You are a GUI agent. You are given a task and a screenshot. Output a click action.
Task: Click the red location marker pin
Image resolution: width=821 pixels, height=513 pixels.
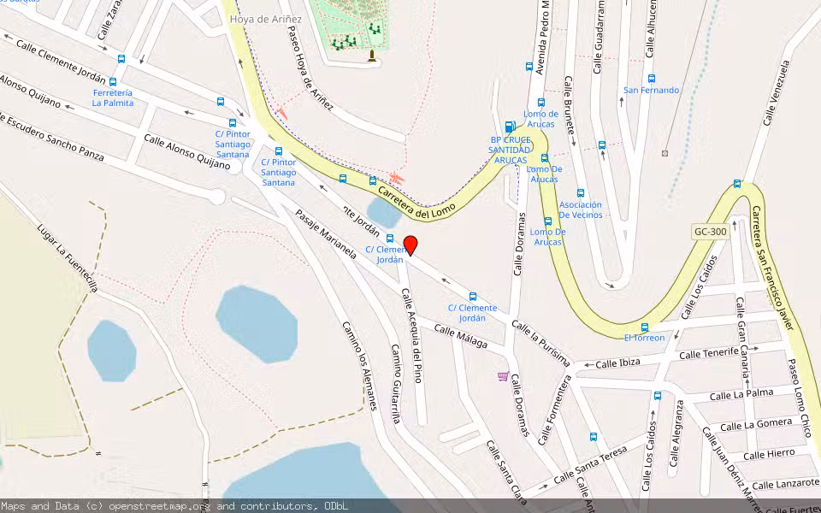pyautogui.click(x=410, y=245)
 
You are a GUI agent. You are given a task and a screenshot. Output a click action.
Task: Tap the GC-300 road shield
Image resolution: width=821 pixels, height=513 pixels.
pyautogui.click(x=703, y=232)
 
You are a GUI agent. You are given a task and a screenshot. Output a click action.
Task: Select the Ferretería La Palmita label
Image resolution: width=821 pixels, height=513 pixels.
pyautogui.click(x=113, y=97)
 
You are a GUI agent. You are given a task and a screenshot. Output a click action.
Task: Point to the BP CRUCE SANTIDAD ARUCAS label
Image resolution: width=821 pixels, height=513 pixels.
pyautogui.click(x=510, y=150)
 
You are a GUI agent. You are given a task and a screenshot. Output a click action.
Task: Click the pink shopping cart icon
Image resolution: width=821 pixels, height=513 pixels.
pyautogui.click(x=503, y=375)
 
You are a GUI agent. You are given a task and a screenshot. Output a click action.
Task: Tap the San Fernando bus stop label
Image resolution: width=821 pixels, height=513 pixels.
pyautogui.click(x=651, y=90)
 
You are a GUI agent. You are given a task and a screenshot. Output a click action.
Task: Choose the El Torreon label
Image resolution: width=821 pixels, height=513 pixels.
pyautogui.click(x=644, y=338)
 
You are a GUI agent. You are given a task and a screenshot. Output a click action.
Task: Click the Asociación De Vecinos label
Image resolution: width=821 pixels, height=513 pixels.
pyautogui.click(x=580, y=209)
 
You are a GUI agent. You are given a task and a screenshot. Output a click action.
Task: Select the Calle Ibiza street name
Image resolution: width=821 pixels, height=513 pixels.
pyautogui.click(x=617, y=363)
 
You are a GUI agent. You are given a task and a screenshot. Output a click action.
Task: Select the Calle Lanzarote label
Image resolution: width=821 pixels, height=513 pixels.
pyautogui.click(x=785, y=484)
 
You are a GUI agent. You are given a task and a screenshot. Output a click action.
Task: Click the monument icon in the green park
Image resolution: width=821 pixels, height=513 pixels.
pyautogui.click(x=371, y=56)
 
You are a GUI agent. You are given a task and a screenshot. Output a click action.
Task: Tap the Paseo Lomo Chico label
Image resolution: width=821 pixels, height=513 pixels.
pyautogui.click(x=800, y=398)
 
